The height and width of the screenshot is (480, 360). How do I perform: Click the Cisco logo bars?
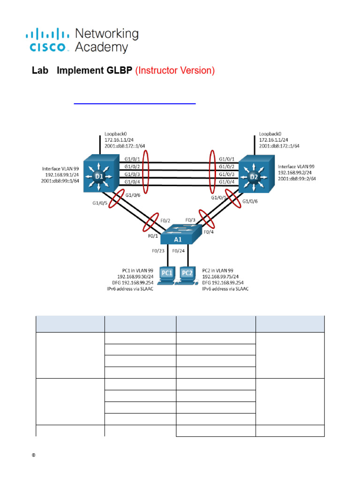pos(47,34)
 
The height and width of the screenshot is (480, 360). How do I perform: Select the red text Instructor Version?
pos(175,70)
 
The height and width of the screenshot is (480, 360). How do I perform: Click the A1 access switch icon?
pos(181,234)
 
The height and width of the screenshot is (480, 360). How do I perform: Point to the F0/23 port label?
pos(158,251)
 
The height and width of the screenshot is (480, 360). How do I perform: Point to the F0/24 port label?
pos(179,251)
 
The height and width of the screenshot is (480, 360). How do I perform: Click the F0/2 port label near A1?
pos(165,220)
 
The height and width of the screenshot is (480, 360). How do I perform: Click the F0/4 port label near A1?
pos(209,232)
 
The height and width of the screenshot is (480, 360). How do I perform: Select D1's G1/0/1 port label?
pos(132,159)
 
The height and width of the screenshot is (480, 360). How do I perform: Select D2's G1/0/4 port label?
pos(226,182)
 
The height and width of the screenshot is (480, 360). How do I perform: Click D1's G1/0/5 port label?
pos(100,203)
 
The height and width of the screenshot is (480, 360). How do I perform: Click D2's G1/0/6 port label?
pos(250,201)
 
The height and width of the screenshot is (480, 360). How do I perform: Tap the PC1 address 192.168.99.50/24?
pos(135,277)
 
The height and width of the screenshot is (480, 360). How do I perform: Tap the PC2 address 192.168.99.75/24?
pos(220,277)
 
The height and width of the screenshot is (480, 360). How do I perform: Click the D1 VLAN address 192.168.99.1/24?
pos(62,175)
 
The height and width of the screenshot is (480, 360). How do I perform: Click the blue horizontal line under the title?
pos(135,104)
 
